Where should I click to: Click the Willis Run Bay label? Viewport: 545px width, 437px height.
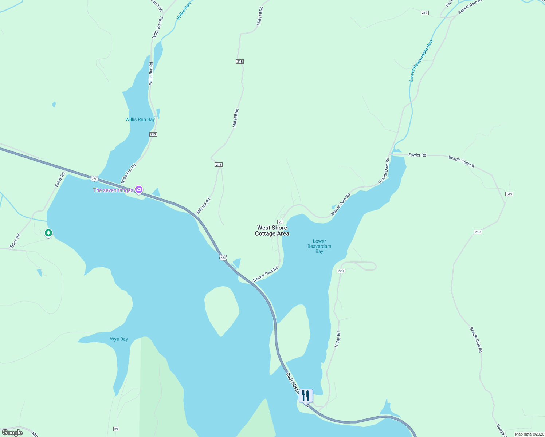(140, 119)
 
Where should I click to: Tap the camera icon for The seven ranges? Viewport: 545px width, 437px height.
(139, 189)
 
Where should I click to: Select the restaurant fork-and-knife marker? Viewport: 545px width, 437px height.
(306, 395)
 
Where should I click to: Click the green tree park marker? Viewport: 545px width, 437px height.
(48, 233)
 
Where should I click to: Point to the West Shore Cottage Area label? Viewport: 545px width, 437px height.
(272, 231)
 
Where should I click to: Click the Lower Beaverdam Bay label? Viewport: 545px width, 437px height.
(319, 246)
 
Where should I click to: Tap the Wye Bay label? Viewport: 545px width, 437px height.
(119, 339)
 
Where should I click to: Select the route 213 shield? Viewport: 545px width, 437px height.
(153, 134)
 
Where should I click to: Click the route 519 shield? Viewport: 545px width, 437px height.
(509, 194)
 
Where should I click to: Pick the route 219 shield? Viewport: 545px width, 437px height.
(478, 232)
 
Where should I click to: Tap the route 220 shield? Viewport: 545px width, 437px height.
(341, 271)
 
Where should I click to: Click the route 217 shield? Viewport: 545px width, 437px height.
(424, 13)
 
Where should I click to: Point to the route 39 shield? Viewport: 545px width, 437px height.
(116, 429)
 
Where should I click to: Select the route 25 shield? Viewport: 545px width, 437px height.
(280, 222)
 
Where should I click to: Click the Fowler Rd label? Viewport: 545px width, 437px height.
(417, 155)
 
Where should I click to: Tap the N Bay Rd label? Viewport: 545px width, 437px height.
(338, 339)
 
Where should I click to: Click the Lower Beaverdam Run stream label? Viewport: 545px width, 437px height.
(421, 61)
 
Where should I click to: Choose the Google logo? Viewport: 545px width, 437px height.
(12, 433)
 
